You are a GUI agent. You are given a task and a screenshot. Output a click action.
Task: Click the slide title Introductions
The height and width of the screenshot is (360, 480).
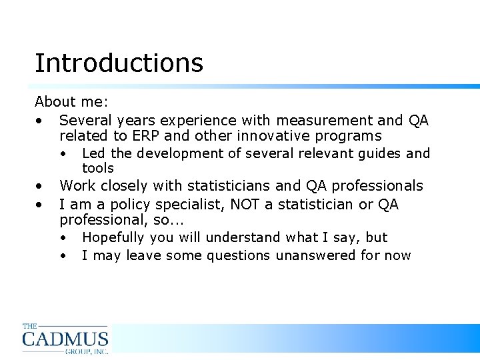pyautogui.click(x=119, y=63)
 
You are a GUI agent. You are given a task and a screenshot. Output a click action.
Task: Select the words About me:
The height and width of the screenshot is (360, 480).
pyautogui.click(x=71, y=103)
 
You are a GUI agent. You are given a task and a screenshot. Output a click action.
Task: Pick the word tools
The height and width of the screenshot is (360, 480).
pyautogui.click(x=98, y=169)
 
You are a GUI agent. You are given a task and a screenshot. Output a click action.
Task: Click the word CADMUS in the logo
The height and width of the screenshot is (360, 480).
pyautogui.click(x=65, y=338)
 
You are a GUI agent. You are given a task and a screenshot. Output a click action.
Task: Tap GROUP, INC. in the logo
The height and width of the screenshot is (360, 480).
pyautogui.click(x=86, y=351)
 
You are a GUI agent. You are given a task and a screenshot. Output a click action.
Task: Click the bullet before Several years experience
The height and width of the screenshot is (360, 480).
pyautogui.click(x=41, y=121)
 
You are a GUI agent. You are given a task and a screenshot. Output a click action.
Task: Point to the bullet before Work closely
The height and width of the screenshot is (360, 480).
pyautogui.click(x=41, y=187)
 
